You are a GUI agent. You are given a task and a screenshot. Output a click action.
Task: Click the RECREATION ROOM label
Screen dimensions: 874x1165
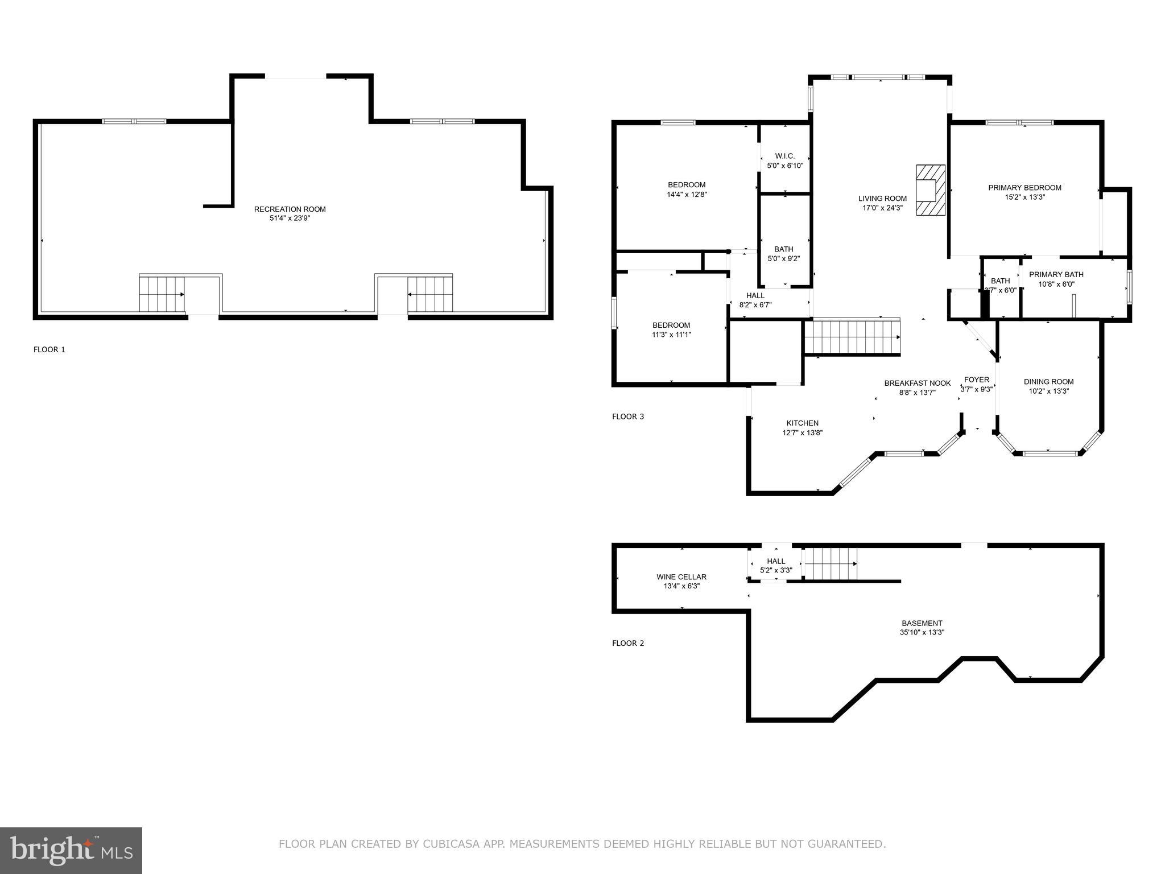click(290, 209)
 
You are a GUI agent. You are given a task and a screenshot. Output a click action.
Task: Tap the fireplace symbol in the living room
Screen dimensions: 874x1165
click(930, 190)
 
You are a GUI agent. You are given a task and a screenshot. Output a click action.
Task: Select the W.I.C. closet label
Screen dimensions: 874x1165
click(784, 156)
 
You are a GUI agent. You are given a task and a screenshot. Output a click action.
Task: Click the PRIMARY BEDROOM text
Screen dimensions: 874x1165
click(1024, 188)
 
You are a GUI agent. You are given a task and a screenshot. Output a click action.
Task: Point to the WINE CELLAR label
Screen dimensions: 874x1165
click(681, 576)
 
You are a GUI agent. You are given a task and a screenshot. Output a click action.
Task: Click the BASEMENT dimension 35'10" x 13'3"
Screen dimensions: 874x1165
click(922, 632)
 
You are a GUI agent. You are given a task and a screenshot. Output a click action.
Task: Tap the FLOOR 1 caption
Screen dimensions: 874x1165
click(49, 349)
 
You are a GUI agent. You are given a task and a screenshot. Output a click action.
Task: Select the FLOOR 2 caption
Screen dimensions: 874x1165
click(628, 643)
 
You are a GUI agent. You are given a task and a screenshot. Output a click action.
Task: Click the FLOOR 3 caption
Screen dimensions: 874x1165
click(628, 417)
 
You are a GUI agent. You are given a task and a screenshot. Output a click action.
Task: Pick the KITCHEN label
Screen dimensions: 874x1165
click(802, 423)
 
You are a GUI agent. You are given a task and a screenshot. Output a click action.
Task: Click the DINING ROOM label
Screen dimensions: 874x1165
click(1048, 382)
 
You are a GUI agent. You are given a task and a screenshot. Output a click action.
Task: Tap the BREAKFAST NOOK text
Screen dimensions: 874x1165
click(917, 383)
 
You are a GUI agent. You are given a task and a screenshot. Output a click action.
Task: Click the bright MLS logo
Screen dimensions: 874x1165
click(71, 850)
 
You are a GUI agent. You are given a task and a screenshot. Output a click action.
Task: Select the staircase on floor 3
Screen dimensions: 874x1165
click(852, 337)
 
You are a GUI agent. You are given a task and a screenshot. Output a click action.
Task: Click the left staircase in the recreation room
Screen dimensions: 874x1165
click(162, 294)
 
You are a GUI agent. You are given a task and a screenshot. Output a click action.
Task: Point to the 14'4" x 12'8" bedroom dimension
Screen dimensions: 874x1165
click(687, 195)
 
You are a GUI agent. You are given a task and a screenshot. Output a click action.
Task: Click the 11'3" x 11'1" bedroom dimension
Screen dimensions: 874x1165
click(671, 335)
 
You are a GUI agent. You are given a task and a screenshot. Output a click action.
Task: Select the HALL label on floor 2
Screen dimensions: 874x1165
click(775, 561)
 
